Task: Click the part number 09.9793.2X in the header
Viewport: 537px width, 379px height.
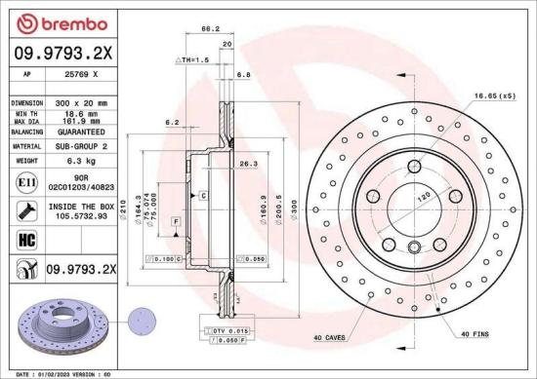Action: (x=62, y=53)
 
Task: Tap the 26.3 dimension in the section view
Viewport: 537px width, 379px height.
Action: (x=248, y=164)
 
